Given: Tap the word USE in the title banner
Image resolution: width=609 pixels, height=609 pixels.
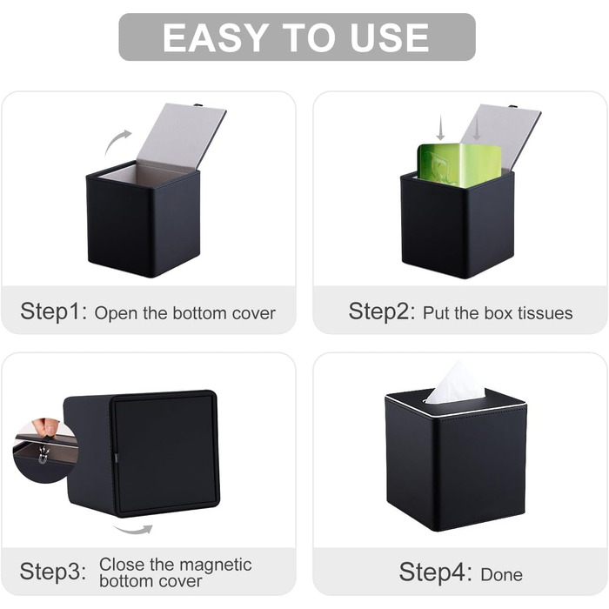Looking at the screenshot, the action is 390,37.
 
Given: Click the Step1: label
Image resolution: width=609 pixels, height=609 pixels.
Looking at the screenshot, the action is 54,311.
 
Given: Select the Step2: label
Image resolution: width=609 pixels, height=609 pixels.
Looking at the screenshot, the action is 382,311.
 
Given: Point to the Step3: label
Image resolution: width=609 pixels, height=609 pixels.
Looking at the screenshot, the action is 53,572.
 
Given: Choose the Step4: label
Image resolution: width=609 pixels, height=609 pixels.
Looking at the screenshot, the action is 435,572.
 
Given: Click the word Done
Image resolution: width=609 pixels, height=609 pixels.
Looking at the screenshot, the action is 501,575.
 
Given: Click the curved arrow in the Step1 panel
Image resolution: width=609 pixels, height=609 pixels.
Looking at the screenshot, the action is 117,142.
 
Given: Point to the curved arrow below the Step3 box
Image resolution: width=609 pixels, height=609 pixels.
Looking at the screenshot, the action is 133,529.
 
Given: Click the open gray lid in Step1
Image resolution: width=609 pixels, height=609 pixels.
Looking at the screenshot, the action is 181,136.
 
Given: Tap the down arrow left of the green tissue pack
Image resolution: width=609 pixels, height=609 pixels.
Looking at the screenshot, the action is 440,127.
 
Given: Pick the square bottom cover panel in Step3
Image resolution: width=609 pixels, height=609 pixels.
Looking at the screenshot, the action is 164,453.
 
